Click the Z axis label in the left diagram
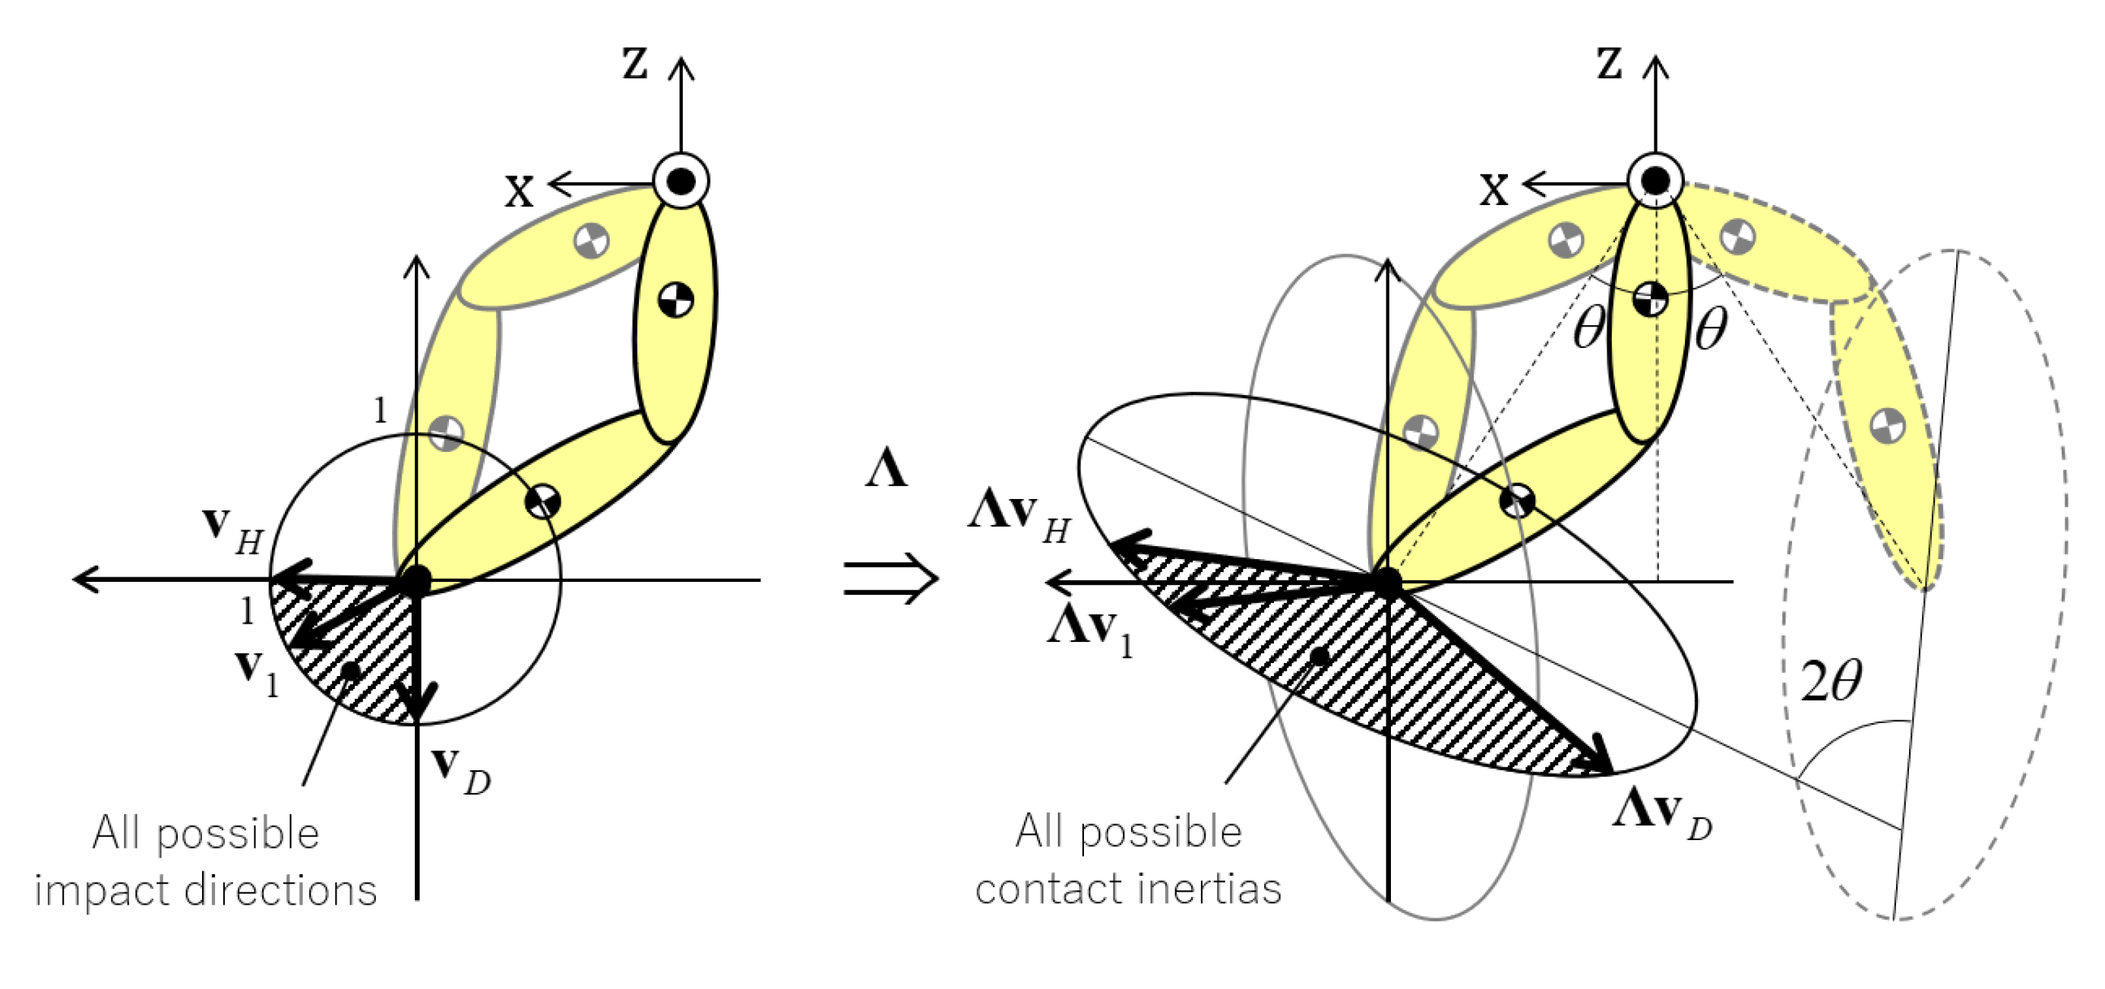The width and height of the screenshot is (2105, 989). tap(635, 64)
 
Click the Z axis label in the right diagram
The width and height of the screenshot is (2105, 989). tap(1609, 64)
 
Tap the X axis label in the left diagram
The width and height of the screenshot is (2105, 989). tap(519, 191)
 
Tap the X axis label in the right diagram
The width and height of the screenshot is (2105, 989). tap(1493, 191)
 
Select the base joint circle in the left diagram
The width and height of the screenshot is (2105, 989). tap(681, 180)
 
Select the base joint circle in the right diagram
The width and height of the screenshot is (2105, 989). tap(1655, 180)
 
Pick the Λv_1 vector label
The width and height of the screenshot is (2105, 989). tap(1091, 632)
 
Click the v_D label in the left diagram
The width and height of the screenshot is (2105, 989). tap(461, 770)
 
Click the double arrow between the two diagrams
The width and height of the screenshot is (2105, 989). tap(891, 579)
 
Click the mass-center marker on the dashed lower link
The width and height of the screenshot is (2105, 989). tap(1888, 425)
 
